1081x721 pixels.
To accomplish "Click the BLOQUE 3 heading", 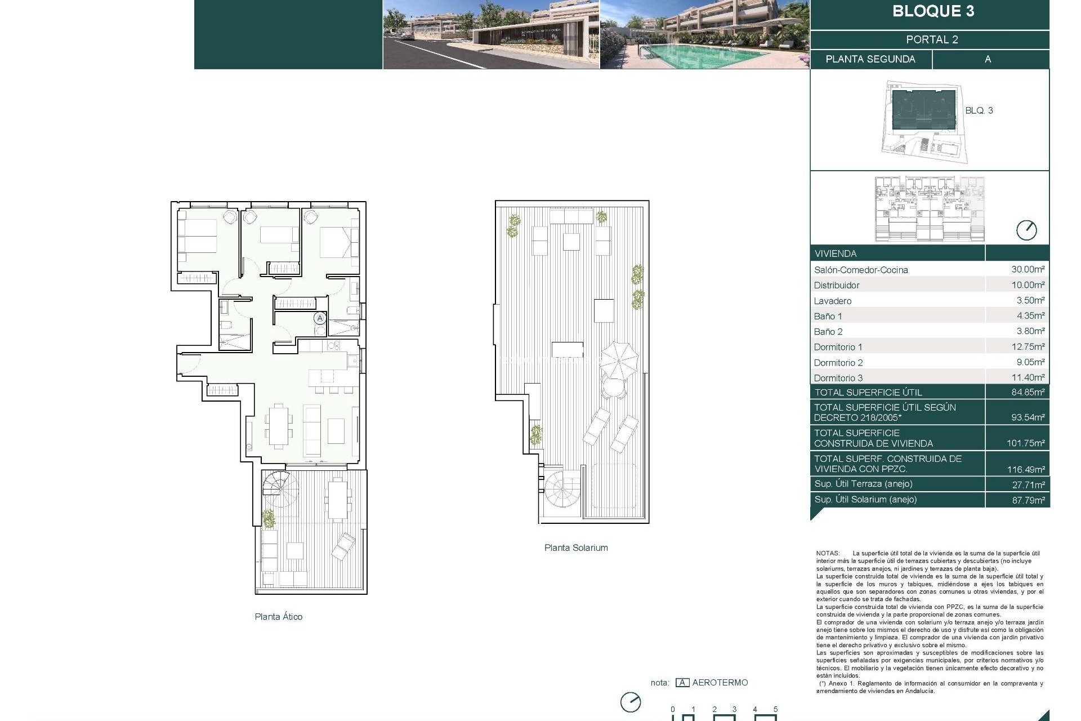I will [x=933, y=11].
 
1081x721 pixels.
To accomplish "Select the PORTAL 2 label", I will [x=932, y=39].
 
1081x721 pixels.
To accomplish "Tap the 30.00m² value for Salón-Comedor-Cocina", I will [x=1028, y=269].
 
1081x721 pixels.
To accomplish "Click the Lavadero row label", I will [x=832, y=301].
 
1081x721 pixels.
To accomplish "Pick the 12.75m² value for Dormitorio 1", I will [x=1028, y=347].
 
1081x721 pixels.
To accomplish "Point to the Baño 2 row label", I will [x=828, y=332].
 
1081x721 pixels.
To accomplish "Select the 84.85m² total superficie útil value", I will [x=1028, y=392].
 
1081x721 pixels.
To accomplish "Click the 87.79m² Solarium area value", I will [x=1028, y=500].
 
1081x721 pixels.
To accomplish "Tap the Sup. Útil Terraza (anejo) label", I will [x=863, y=484].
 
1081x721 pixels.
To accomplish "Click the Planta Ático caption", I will [x=278, y=617].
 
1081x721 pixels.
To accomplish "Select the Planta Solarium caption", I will [x=575, y=548].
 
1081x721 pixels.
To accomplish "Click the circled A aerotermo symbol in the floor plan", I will [x=320, y=318].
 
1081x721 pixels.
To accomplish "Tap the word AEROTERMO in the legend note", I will [x=720, y=683].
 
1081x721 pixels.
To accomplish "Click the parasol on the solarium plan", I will [x=618, y=359].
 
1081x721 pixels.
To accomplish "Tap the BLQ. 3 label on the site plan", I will [x=979, y=110].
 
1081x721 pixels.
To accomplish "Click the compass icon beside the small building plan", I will [x=1026, y=230].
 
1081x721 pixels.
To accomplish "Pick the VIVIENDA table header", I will [x=835, y=253].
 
